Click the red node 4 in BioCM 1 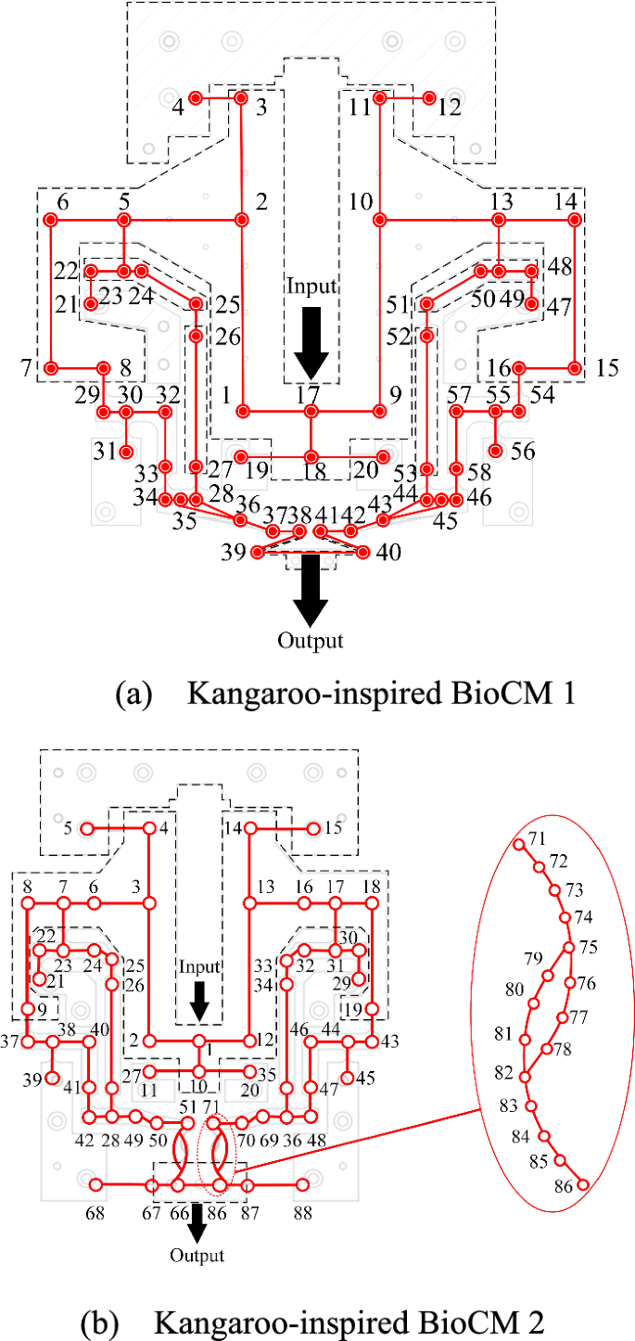[x=196, y=98]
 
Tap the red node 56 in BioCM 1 [x=497, y=452]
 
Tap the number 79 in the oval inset [x=533, y=957]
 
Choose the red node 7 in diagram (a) [x=52, y=368]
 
